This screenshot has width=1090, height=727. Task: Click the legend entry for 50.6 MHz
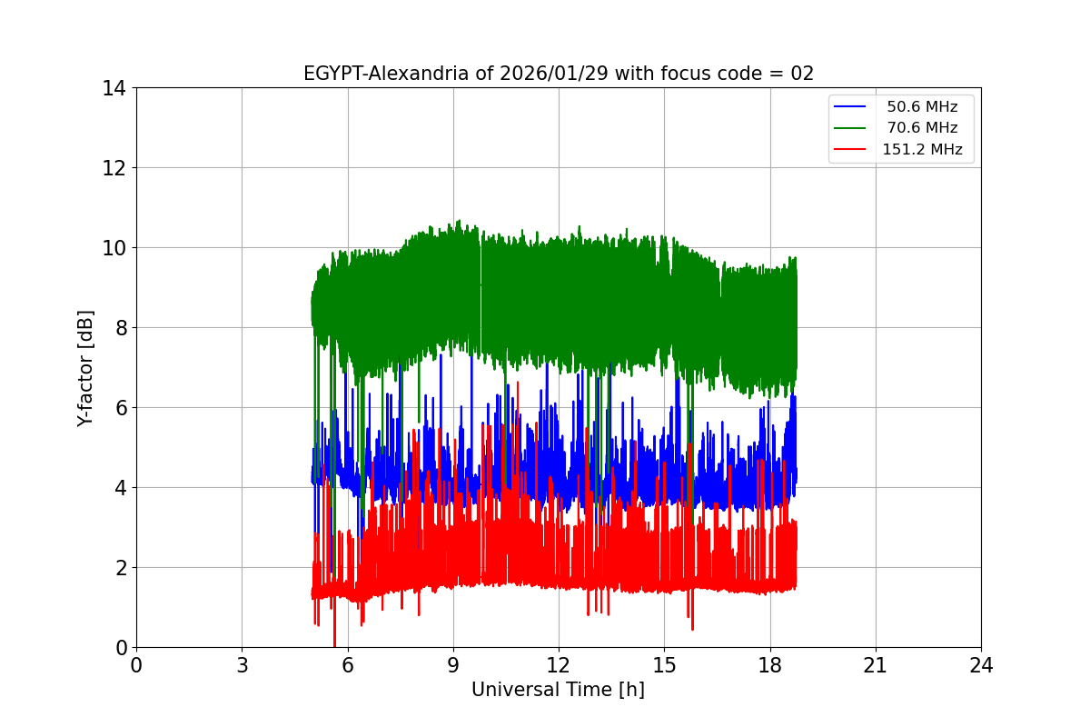pos(922,107)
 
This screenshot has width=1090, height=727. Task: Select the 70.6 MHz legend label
pos(922,128)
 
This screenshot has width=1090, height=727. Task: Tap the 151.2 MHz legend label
pos(922,150)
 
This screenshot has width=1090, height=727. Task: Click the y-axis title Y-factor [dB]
pos(85,367)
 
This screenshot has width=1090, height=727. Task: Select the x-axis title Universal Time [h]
pos(558,690)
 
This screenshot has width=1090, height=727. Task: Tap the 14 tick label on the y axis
pos(114,88)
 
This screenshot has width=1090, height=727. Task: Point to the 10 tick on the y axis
pos(114,248)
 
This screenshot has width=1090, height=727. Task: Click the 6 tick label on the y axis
pos(120,408)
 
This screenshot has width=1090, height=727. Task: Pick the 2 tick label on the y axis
pos(120,568)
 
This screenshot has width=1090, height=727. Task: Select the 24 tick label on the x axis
pos(981,666)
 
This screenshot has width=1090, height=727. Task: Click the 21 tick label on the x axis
pos(876,666)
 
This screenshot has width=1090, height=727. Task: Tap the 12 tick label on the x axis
pos(559,666)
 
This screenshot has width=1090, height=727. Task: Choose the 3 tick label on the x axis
pos(242,666)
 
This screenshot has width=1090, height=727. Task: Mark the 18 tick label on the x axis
pos(770,666)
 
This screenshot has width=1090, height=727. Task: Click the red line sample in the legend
pos(850,150)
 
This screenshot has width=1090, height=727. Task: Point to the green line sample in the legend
pos(850,128)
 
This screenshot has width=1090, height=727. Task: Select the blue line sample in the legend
pos(850,107)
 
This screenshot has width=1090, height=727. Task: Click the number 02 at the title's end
pos(802,74)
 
